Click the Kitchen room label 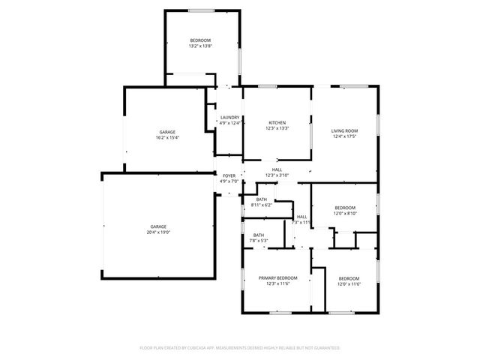[277, 123]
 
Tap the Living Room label [343, 131]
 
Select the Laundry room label [229, 117]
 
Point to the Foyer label [229, 175]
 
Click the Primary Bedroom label [277, 278]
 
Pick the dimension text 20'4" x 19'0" [158, 232]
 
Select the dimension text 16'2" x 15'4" [167, 137]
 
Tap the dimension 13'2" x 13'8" [200, 46]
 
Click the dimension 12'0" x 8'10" [345, 213]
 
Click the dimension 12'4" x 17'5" [343, 136]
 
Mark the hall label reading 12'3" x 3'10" [277, 175]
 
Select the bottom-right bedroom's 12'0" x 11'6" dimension [349, 283]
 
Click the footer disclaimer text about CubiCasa [240, 348]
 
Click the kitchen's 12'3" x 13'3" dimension [277, 128]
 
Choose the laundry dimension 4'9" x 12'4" [229, 122]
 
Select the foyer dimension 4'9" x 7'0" [229, 181]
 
